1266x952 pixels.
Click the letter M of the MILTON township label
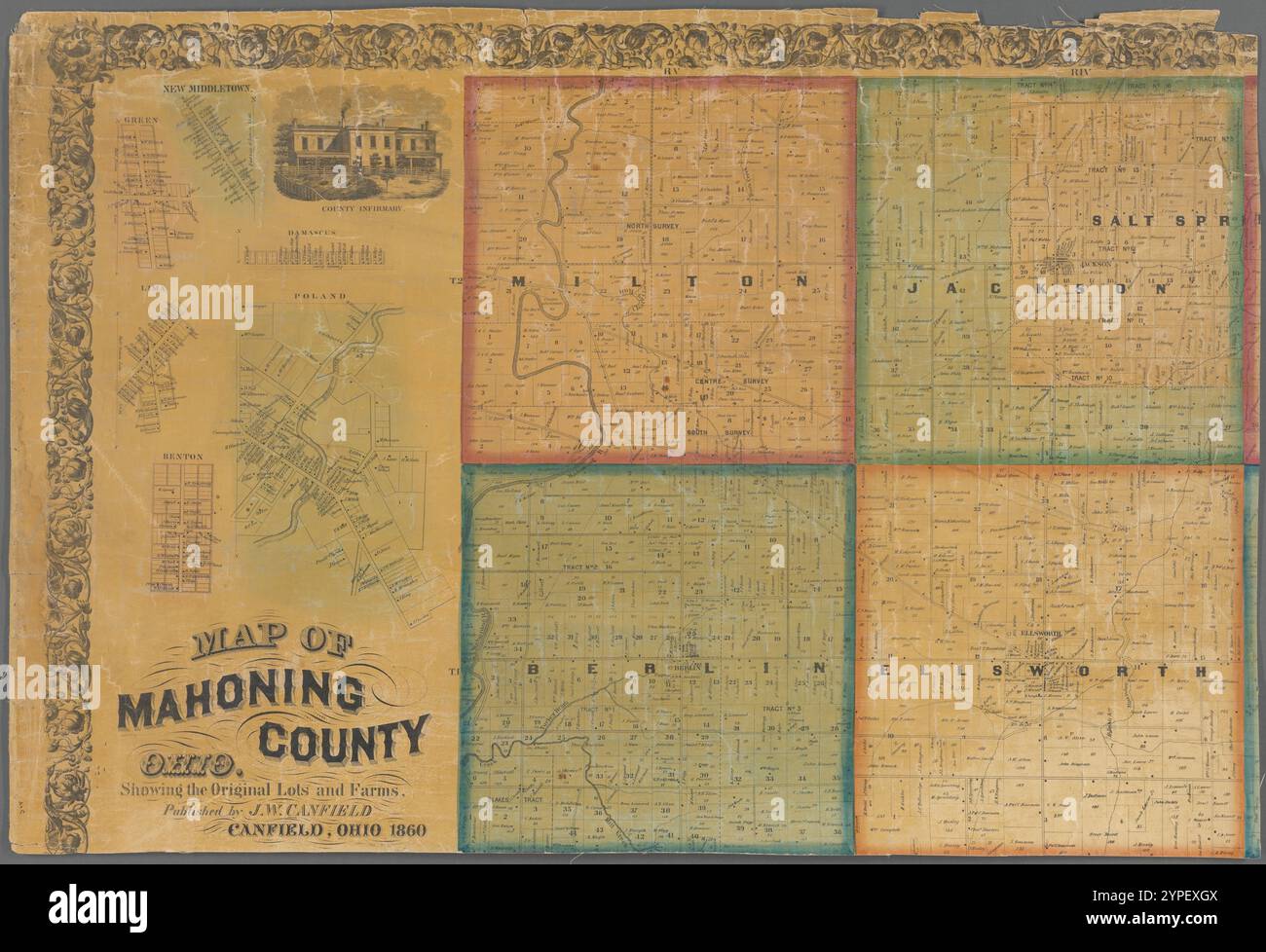click(x=517, y=281)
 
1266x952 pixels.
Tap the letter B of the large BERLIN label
click(x=535, y=670)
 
